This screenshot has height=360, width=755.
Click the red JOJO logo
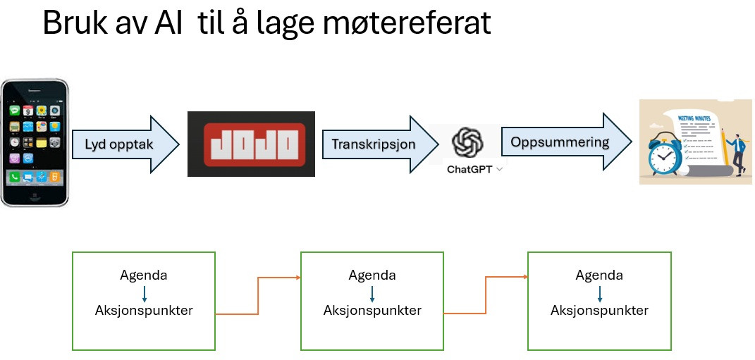coord(251,144)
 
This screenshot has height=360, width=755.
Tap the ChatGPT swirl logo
coord(467,142)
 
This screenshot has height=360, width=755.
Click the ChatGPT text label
coord(469,170)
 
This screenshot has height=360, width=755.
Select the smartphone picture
coord(35,142)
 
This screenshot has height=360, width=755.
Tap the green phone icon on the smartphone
coord(14,178)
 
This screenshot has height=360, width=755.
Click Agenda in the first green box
coord(144,275)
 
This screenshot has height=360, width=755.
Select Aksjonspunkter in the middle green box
coord(372,311)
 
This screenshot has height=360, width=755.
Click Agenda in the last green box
coord(599,275)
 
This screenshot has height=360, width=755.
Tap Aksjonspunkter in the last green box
coord(599,311)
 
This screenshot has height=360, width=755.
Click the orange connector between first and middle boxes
coord(258,296)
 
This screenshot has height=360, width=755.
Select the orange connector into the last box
coord(486,296)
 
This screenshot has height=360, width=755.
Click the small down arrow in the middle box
coord(372,293)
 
